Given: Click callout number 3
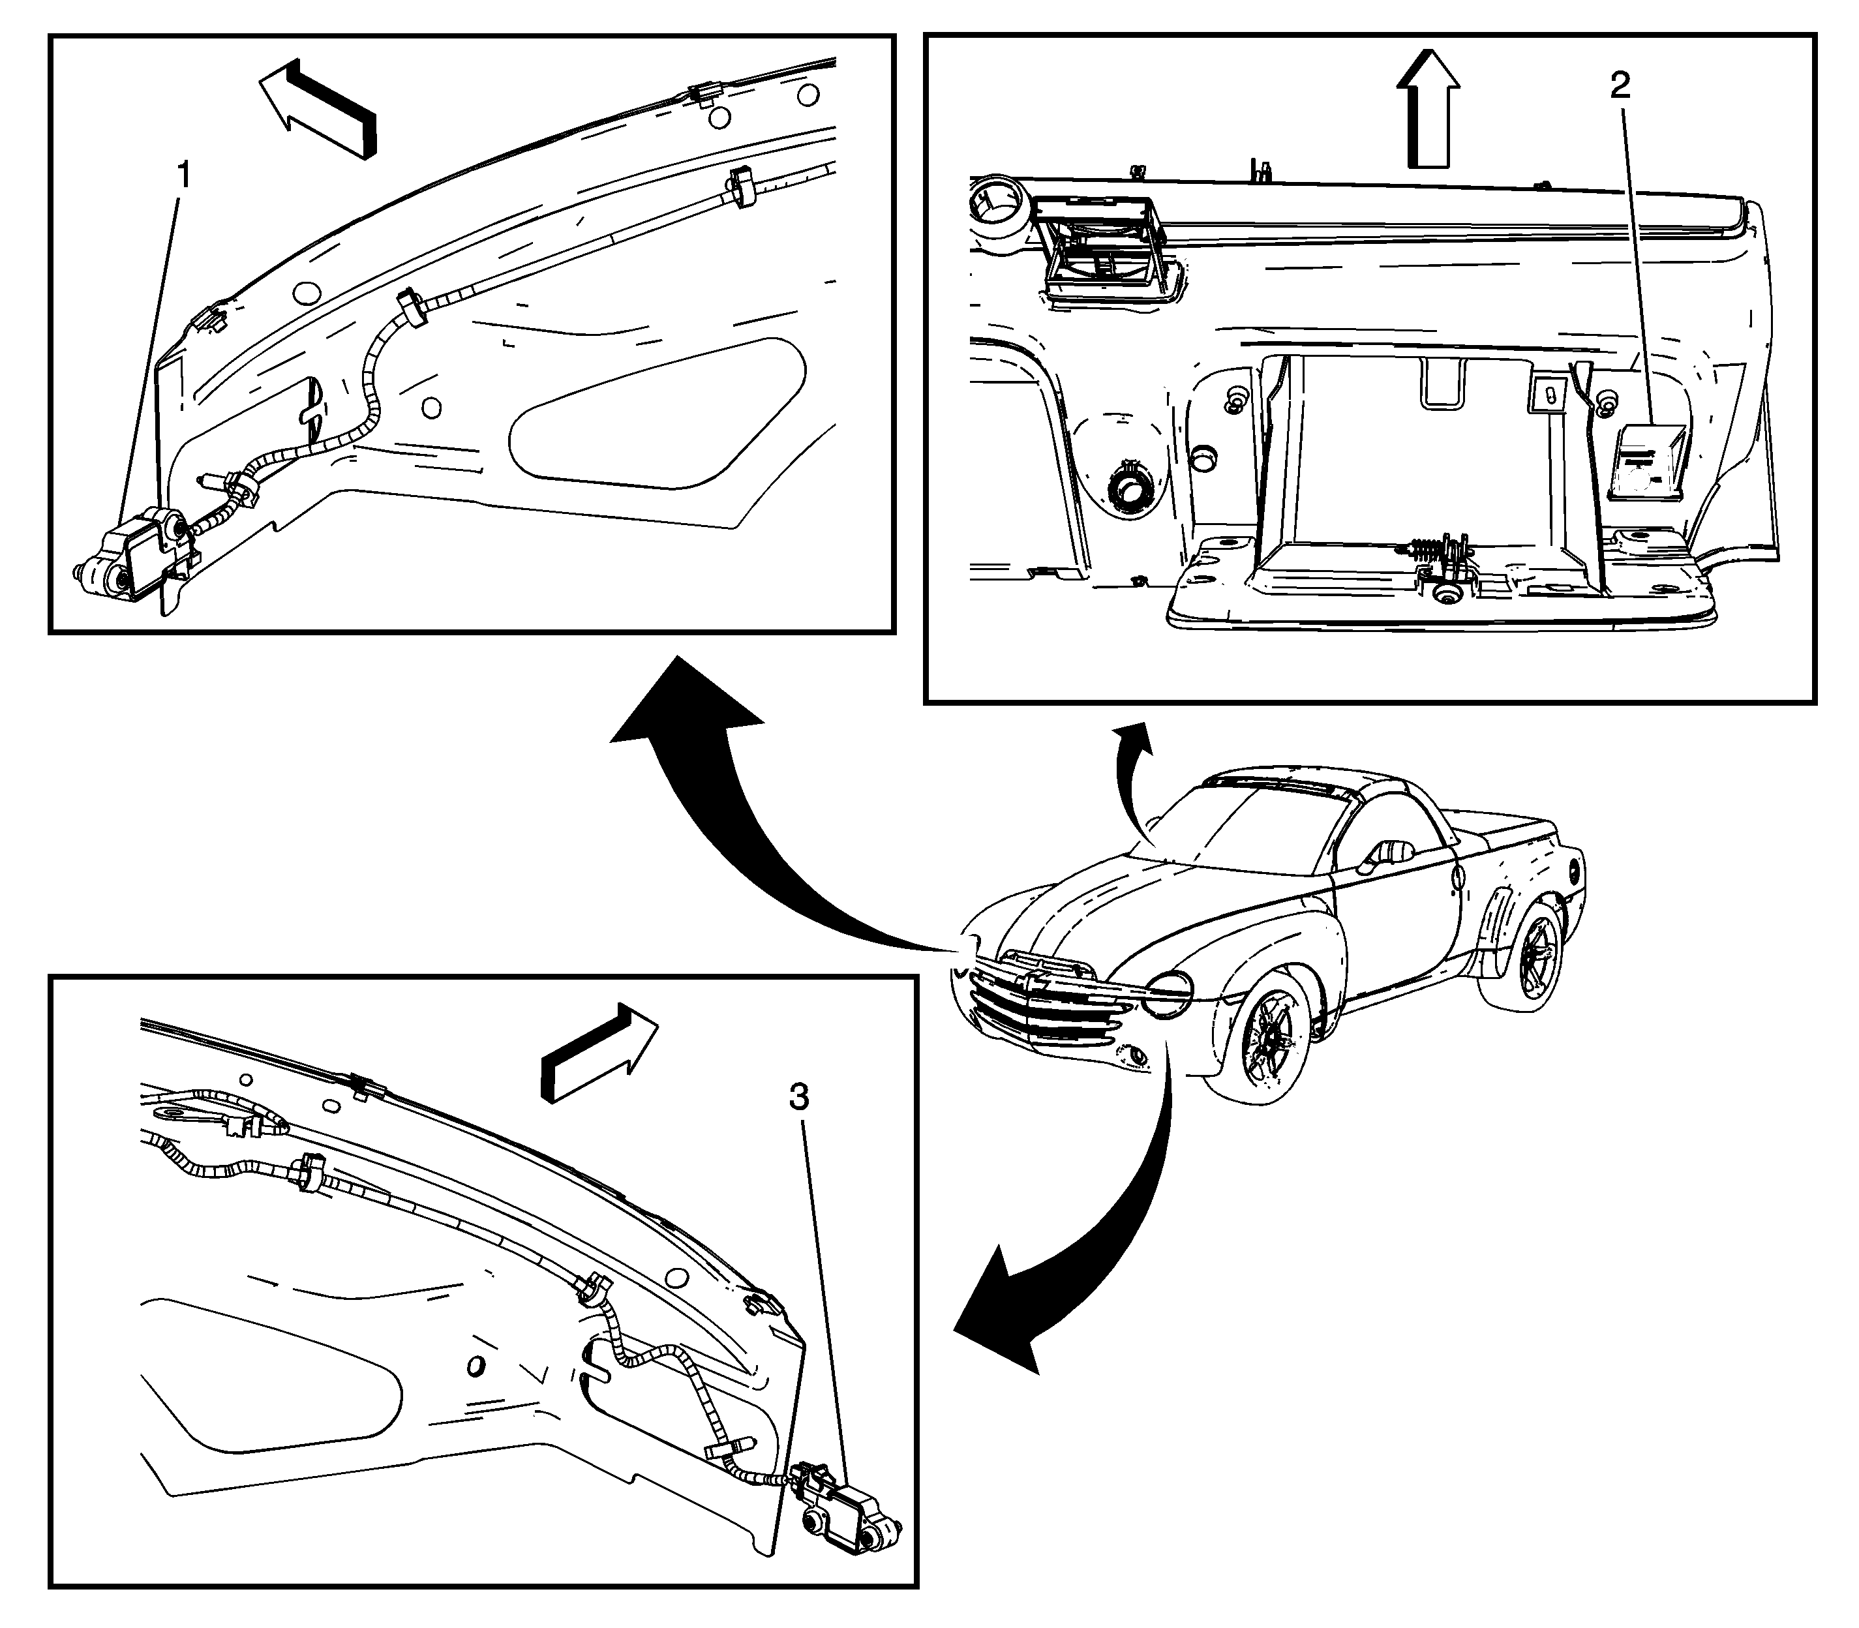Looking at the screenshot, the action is pos(798,1098).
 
